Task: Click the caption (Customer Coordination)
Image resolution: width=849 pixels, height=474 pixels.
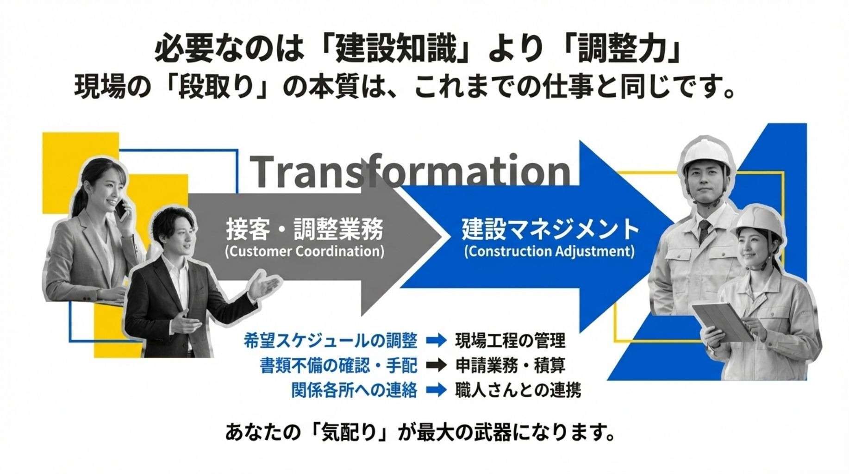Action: tap(305, 252)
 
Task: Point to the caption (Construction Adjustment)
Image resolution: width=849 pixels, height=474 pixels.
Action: tap(549, 252)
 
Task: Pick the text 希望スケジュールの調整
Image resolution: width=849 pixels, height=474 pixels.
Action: tap(330, 341)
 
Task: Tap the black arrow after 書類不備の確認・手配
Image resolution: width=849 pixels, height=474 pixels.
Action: tap(436, 366)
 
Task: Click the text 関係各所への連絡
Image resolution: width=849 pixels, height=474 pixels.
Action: tap(354, 390)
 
